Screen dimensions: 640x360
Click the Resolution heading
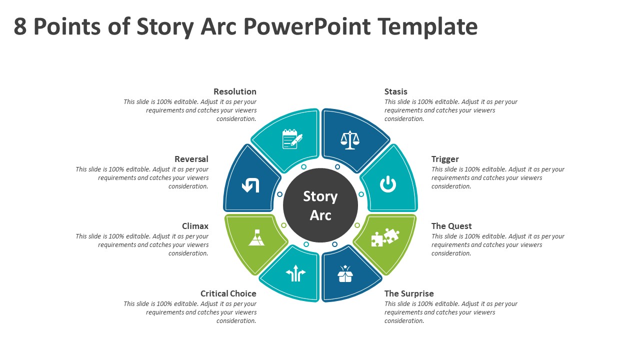click(235, 91)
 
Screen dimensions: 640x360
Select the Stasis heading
click(395, 91)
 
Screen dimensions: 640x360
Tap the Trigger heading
click(445, 159)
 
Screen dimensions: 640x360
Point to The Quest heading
click(451, 226)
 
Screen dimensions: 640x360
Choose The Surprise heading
click(409, 293)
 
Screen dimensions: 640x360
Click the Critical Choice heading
click(228, 293)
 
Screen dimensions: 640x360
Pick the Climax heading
click(195, 226)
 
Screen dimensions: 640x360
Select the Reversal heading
click(191, 159)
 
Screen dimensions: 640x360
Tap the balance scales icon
click(349, 140)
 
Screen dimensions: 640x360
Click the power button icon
click(387, 184)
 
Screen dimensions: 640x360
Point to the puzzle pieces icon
click(385, 237)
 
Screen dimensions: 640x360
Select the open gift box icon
click(345, 273)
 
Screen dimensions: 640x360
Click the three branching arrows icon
click(295, 273)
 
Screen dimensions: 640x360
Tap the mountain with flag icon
click(256, 237)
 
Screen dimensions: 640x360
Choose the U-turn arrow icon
click(250, 185)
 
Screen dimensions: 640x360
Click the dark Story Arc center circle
click(320, 205)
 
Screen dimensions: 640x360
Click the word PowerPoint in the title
click(307, 26)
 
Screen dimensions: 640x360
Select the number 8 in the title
click(20, 26)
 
